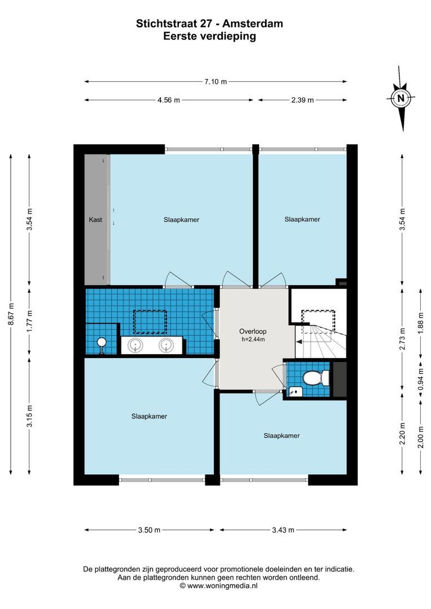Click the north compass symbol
click(401, 98)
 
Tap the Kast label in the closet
click(95, 220)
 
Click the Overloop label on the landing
click(252, 331)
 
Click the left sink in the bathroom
click(136, 346)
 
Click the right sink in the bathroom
click(166, 346)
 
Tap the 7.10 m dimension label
click(216, 82)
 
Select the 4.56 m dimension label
click(169, 100)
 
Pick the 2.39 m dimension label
click(303, 100)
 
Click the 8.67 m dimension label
click(11, 315)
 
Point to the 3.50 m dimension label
click(149, 529)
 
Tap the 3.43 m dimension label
click(283, 529)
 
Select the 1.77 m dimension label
click(30, 323)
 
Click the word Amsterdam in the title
click(253, 24)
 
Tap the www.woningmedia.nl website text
click(222, 586)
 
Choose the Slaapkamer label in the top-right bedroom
click(302, 219)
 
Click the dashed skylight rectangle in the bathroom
click(149, 321)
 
